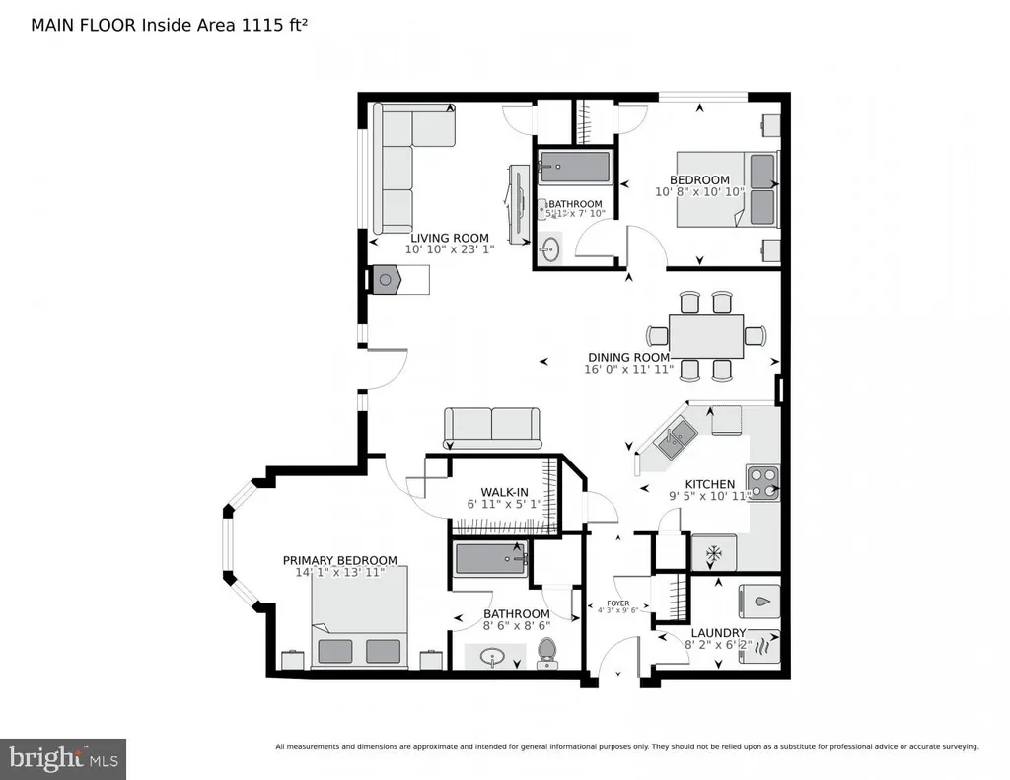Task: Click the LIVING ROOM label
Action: point(449,238)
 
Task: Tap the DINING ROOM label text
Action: point(628,357)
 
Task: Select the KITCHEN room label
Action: point(710,484)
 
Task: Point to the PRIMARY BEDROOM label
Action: point(339,560)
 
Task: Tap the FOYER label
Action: point(618,603)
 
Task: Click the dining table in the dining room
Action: point(705,335)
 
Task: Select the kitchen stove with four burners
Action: point(762,482)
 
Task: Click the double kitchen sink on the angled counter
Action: point(674,438)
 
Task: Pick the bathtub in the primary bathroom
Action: point(490,563)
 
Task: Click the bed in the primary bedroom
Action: point(360,621)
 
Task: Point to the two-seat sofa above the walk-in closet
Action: point(492,427)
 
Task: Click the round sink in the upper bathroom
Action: point(551,250)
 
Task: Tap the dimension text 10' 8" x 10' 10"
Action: point(698,192)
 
